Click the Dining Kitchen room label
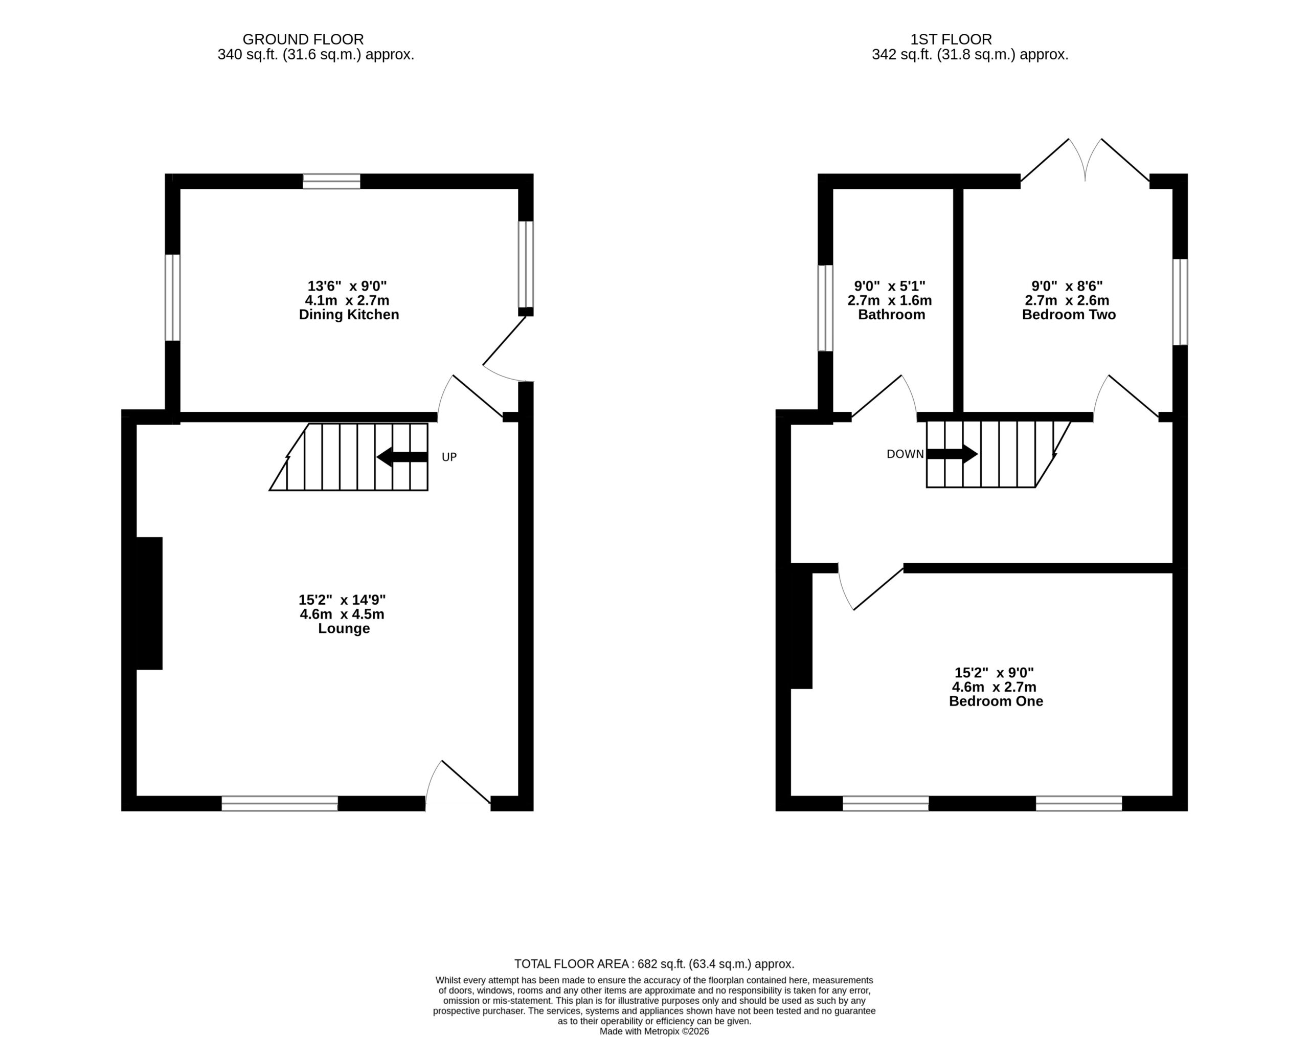point(349,315)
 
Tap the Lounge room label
point(344,628)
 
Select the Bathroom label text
point(891,315)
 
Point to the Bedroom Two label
point(1069,315)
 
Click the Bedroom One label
point(996,701)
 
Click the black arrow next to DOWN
point(952,454)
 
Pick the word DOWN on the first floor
point(906,454)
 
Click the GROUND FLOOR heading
point(303,39)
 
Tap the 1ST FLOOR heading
point(951,39)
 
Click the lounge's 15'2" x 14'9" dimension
point(342,600)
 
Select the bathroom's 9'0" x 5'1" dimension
point(890,286)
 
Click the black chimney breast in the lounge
point(149,604)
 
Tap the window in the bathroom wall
point(825,308)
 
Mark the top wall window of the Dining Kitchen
point(331,182)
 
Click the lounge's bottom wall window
point(280,803)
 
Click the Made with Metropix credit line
point(654,1031)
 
